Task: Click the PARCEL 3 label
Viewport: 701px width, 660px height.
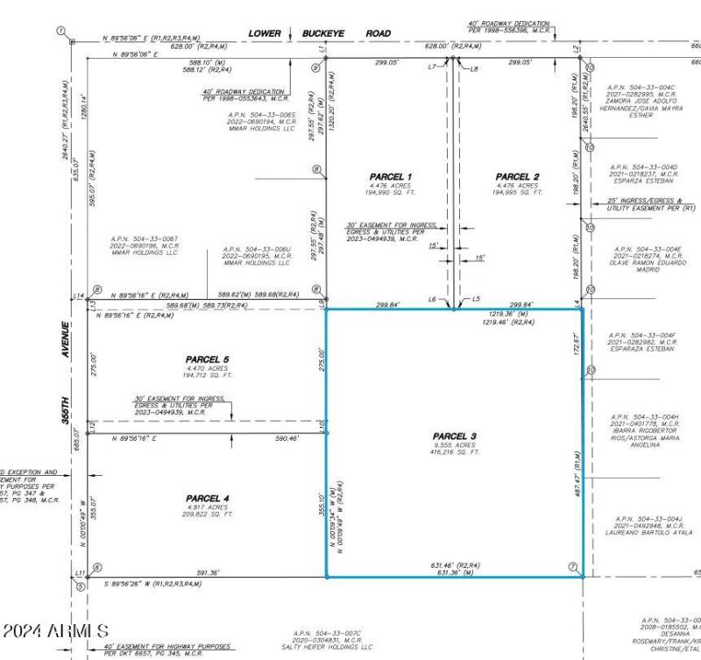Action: (x=454, y=436)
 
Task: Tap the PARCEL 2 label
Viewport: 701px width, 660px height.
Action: (x=516, y=177)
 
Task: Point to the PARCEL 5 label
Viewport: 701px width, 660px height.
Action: (x=207, y=359)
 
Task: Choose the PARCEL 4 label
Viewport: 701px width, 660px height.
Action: (x=207, y=498)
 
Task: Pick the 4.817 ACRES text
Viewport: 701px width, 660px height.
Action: (x=207, y=507)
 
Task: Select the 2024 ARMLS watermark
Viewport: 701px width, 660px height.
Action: (x=55, y=630)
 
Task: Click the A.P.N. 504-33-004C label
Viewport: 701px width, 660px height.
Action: (x=641, y=88)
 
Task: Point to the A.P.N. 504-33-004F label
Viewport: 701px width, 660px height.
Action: (x=641, y=334)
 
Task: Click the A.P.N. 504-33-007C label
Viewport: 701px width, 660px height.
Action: (x=332, y=633)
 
